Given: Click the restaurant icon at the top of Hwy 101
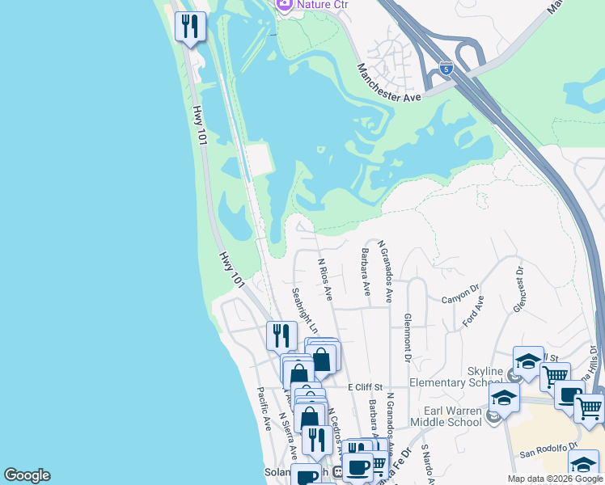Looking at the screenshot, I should (190, 27).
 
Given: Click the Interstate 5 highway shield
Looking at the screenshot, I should (446, 69).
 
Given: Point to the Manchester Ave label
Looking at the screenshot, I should (390, 84).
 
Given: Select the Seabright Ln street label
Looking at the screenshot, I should (304, 310).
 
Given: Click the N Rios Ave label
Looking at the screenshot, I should (325, 280).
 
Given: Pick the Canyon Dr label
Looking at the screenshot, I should (461, 293).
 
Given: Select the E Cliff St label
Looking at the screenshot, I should (364, 389).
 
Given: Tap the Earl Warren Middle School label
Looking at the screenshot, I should (446, 415).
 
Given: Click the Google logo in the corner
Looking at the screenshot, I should (27, 475).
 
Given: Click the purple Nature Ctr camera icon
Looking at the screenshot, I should (284, 5).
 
